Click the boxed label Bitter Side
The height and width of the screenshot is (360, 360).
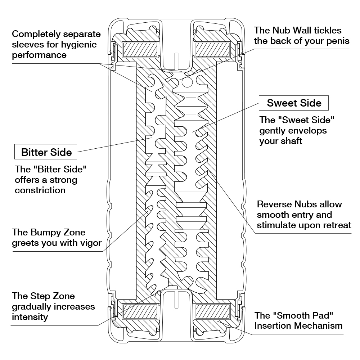[x=46, y=152]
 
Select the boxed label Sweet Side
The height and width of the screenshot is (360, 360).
[x=294, y=103]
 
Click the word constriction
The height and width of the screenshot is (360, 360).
[x=40, y=190]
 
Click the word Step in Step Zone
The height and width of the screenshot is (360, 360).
[x=37, y=296]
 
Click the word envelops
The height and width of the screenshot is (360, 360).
[x=305, y=130]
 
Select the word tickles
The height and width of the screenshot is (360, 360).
[x=325, y=30]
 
